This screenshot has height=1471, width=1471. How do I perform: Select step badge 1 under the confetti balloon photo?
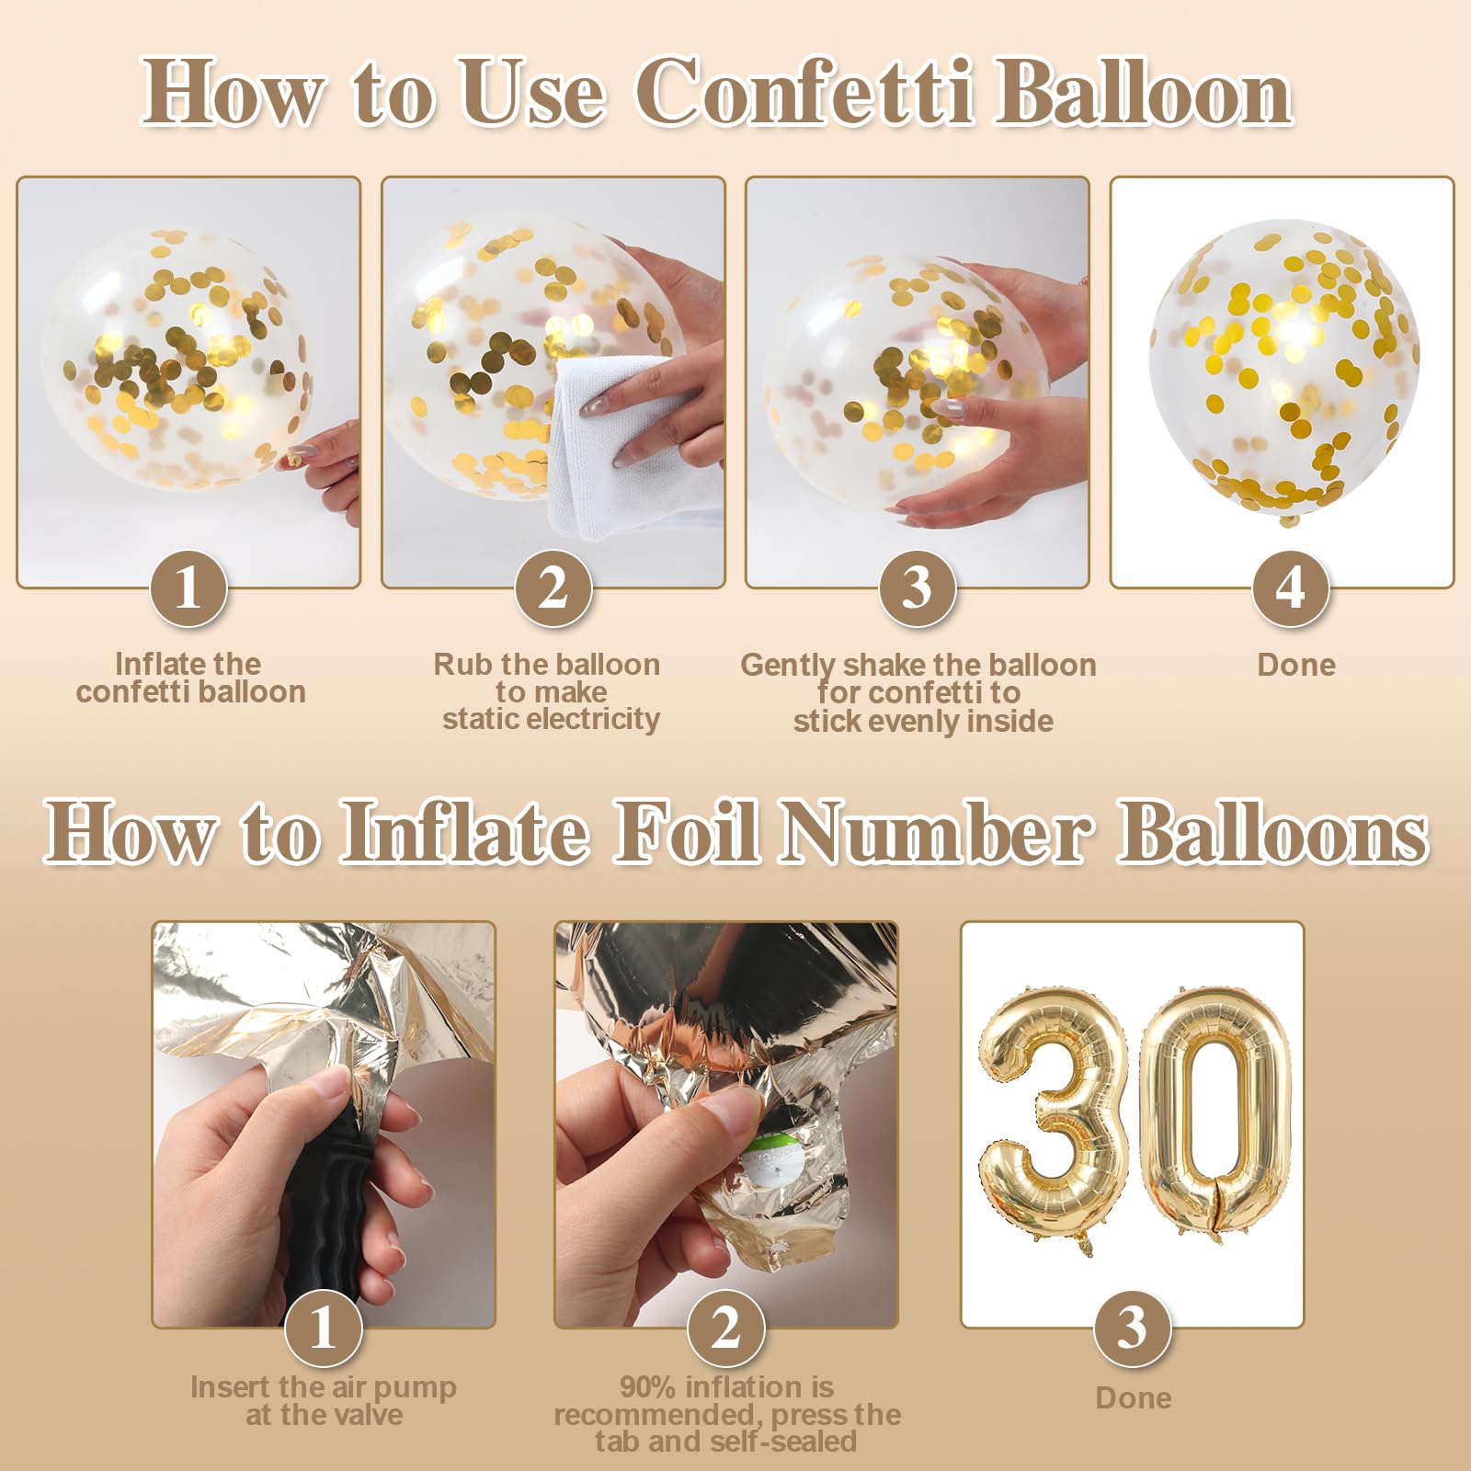188,588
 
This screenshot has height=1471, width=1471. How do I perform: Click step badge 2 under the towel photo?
553,588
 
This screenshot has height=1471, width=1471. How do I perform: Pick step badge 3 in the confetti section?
918,588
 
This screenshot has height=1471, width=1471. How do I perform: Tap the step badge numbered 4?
1291,588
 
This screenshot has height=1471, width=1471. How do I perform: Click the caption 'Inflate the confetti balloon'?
190,678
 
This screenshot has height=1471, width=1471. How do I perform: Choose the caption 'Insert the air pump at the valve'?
324,1400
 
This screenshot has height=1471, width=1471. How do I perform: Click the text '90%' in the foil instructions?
648,1386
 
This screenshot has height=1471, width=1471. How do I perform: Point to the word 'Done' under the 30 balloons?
1134,1397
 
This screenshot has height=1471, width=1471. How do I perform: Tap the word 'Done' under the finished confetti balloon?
1296,665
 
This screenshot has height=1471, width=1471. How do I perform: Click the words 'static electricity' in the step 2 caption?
552,719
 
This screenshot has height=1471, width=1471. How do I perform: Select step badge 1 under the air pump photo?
323,1328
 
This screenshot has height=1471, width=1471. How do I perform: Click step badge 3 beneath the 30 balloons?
1133,1328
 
